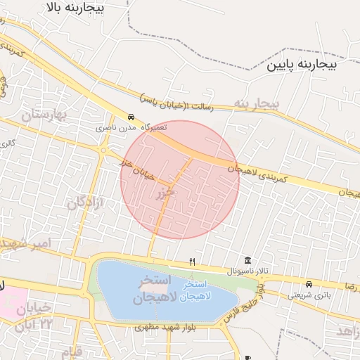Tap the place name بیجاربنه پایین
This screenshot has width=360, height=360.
[302, 65]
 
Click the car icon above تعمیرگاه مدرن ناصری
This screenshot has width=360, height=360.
[131, 117]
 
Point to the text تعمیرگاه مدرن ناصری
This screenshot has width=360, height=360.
[124, 129]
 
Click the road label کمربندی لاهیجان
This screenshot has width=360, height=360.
[257, 174]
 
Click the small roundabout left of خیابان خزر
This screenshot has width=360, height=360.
[104, 150]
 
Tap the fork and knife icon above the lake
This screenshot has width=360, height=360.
[193, 262]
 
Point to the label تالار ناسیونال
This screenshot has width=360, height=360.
[247, 271]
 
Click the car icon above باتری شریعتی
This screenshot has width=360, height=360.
[309, 284]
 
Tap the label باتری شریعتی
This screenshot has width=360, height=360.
[308, 295]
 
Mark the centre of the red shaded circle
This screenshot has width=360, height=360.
[180, 179]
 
